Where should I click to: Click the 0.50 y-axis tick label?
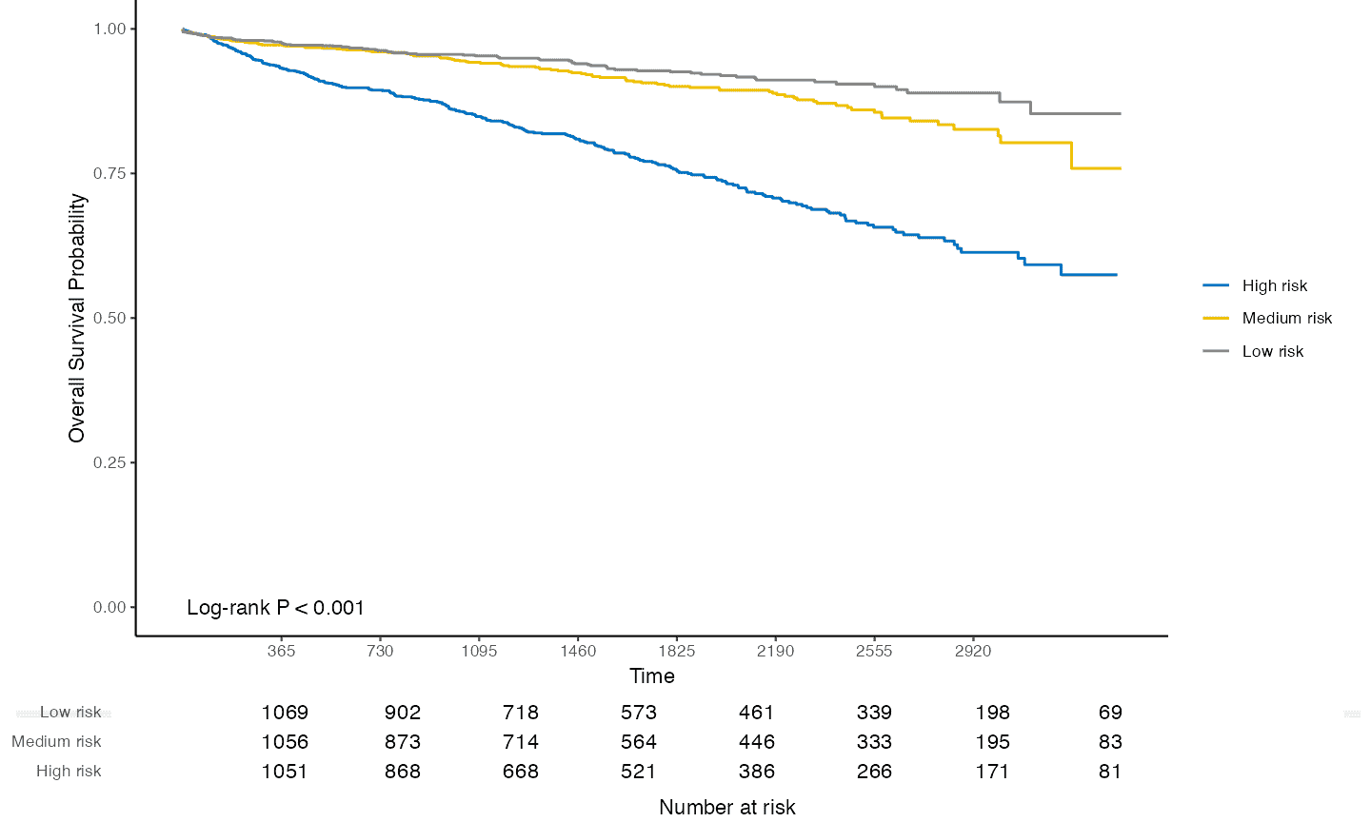(109, 318)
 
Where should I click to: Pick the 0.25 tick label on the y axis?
(109, 462)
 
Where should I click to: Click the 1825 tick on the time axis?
(676, 651)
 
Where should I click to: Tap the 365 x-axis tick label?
(281, 651)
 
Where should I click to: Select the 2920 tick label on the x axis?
(973, 651)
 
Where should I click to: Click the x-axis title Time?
(652, 676)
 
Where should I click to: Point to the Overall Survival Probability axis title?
(77, 318)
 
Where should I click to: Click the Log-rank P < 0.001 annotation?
(275, 608)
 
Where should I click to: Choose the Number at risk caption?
(726, 807)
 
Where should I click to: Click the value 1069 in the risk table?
(285, 713)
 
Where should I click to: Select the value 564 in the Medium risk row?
(638, 742)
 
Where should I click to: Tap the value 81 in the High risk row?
(1110, 772)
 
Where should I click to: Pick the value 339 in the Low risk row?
(874, 713)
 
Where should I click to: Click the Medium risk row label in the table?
(56, 742)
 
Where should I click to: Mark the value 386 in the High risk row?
(756, 772)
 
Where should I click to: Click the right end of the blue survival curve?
(1116, 275)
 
